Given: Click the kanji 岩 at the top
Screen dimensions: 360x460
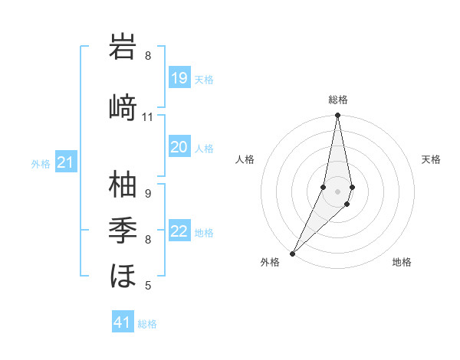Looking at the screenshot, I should point(123,47).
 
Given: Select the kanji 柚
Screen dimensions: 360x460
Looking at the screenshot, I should point(123,185).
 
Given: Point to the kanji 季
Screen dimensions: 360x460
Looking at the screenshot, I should point(123,229).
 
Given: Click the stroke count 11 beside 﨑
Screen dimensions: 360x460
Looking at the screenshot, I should point(147,117).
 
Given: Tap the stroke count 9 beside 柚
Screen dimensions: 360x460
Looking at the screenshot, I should point(147,193).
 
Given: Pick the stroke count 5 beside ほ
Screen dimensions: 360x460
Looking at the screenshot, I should point(147,286).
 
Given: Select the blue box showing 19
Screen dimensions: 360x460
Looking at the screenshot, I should point(179,77).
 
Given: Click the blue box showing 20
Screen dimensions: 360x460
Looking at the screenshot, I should point(179,146).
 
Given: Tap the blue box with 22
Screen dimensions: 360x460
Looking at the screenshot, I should point(179,231).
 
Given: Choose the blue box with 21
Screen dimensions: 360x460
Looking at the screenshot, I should point(66,162).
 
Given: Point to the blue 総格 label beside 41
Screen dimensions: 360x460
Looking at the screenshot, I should point(147,324).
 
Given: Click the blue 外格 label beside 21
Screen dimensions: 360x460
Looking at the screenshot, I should point(41,164).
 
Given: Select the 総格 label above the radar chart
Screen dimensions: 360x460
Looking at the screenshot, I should point(337,100).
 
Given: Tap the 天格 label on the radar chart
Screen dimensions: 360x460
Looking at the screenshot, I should point(431,159).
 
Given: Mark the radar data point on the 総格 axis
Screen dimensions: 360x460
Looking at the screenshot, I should point(337,116).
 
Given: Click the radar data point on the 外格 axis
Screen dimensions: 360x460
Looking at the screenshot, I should point(292,253).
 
